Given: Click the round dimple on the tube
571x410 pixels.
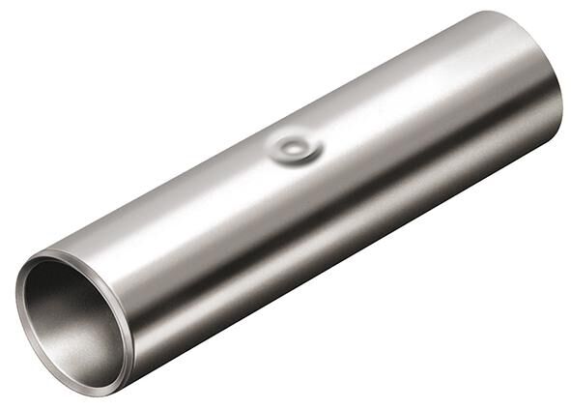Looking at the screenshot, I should (x=295, y=149).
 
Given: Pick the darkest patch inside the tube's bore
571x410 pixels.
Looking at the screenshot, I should (x=53, y=300).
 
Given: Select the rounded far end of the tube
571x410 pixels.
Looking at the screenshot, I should (x=536, y=68).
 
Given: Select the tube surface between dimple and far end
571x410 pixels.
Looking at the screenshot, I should (x=415, y=106).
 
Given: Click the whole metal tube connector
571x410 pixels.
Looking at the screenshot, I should (x=290, y=203).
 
